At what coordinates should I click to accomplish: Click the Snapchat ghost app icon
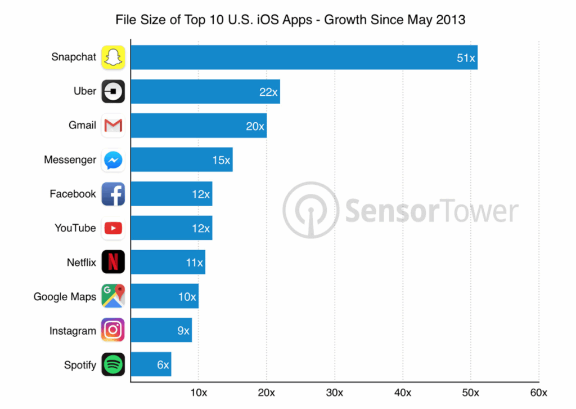pos(113,57)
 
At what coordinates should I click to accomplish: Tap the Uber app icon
pos(113,91)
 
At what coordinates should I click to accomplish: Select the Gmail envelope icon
pos(113,126)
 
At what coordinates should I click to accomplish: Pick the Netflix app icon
pos(113,262)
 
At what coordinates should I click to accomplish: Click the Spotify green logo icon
pos(113,364)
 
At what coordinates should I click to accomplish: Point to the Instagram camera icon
pos(113,330)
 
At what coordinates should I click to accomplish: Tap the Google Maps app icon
pos(113,296)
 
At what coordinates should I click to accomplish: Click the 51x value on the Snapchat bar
pos(466,58)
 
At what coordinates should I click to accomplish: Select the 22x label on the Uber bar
pos(268,92)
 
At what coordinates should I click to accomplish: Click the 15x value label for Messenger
pos(221,161)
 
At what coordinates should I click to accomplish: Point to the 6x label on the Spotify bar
pos(163,365)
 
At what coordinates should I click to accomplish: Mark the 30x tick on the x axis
pos(335,392)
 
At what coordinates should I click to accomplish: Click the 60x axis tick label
pos(538,392)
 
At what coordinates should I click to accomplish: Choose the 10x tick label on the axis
pos(199,392)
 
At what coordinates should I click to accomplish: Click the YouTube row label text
pos(75,228)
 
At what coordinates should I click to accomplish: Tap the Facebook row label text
pos(73,194)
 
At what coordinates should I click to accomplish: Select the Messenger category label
pos(70,160)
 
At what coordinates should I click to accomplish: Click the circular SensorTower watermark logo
pos(310,210)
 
